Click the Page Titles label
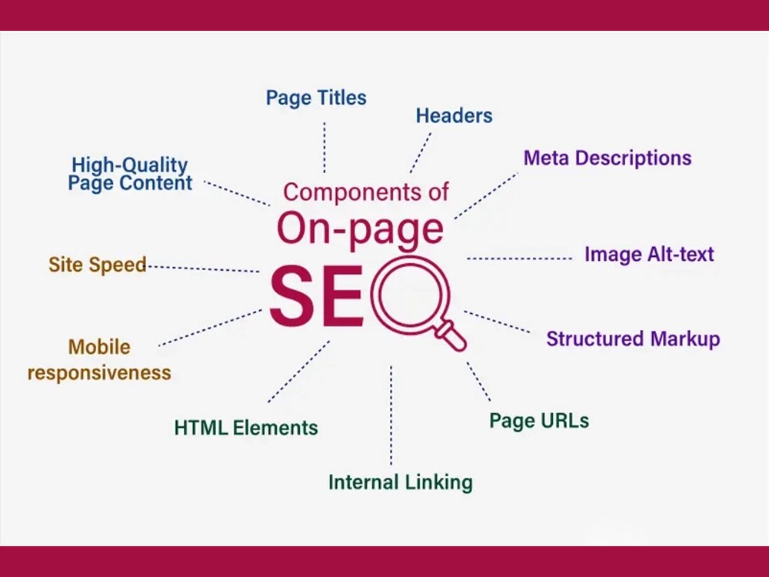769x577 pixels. coord(316,98)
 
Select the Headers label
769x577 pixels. coord(454,116)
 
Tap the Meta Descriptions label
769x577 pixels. coord(608,158)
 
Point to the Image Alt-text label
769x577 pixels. coord(649,254)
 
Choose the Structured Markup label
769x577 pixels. coord(633,339)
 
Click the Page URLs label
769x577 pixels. coord(539,421)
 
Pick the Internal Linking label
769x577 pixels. coord(401,482)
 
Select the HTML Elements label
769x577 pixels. coord(246,428)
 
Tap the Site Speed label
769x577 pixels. coord(98,265)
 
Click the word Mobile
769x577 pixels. coord(99,347)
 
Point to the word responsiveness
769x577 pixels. coord(99,373)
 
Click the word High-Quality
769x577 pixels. coord(129,165)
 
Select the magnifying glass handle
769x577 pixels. coord(451,335)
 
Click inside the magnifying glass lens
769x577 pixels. coord(410,296)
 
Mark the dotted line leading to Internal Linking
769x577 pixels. coord(391,415)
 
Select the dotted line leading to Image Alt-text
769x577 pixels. coord(519,258)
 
